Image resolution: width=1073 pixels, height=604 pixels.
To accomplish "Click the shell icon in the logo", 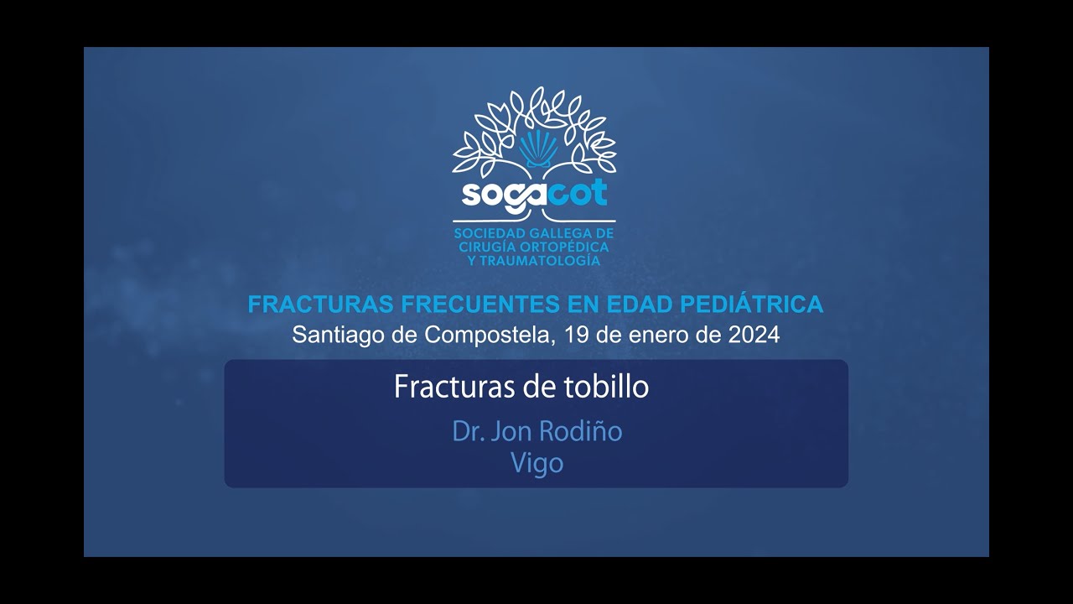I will (537, 148).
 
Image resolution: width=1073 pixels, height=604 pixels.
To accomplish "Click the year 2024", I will (753, 335).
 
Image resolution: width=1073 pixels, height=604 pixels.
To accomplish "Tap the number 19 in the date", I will (578, 335).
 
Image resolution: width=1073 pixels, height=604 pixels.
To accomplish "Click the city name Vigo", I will (537, 463).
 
